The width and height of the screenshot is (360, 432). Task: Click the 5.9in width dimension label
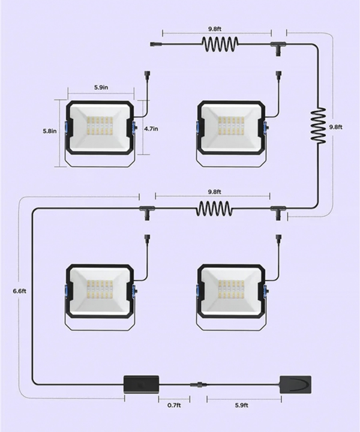101,88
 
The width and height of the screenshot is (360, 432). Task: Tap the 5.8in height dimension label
50,131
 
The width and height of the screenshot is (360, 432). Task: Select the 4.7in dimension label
151,128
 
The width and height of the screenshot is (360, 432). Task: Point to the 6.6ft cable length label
20,291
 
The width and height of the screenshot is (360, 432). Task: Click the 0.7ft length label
174,405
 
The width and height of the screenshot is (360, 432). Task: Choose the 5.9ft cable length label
242,405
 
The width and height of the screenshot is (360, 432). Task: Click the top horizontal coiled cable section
220,44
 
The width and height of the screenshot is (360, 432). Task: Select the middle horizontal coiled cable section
214,209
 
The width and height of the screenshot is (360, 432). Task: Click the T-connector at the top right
278,47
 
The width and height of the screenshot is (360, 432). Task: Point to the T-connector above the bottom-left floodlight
147,212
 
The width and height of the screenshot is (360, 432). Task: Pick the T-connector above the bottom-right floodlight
278,212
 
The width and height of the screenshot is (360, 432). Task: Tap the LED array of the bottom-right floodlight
231,290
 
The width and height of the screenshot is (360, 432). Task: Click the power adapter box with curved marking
296,385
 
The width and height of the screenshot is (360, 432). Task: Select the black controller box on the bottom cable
142,384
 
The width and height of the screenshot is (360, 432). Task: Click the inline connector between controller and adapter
198,384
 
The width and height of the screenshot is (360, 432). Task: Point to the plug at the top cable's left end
154,44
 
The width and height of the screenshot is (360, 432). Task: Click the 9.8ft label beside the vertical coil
336,127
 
